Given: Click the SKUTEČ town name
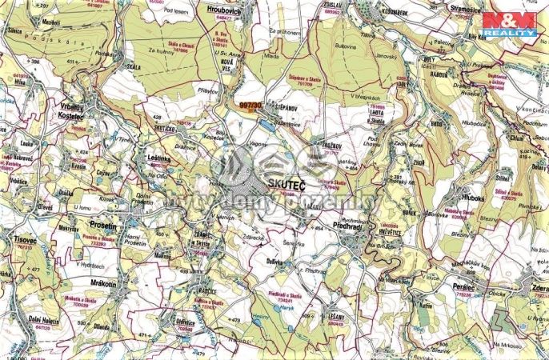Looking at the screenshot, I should coord(272,185).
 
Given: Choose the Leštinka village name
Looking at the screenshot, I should coord(162,158).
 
